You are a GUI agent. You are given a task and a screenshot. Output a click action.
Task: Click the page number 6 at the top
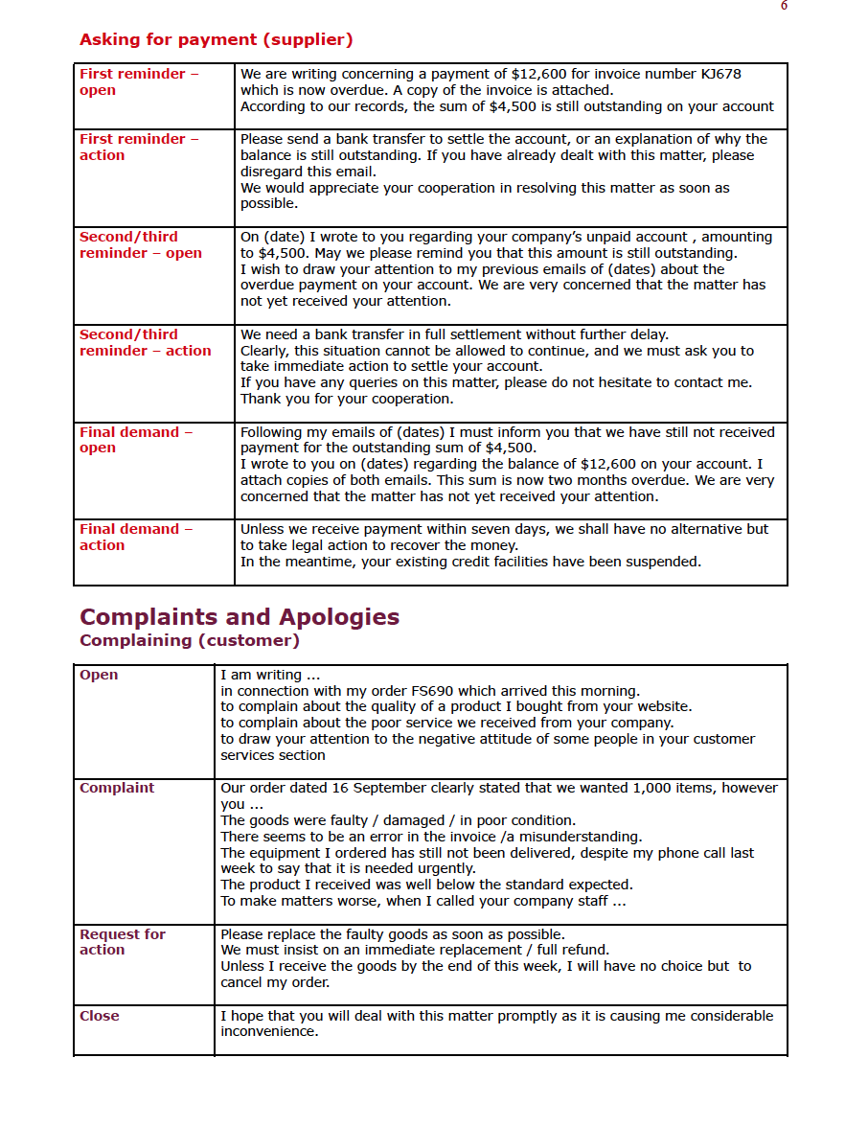784,6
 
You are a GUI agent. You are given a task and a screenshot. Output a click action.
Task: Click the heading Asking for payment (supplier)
216,40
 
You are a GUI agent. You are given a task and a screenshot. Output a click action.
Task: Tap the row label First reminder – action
139,147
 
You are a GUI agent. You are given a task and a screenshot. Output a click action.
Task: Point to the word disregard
272,172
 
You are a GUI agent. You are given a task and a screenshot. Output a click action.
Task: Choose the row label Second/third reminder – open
141,244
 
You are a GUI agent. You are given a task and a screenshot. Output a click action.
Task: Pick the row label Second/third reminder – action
145,342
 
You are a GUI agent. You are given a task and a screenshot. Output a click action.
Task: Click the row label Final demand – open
135,440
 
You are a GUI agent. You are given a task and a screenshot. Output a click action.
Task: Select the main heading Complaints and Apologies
240,616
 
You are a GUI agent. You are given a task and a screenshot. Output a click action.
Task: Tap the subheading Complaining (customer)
190,640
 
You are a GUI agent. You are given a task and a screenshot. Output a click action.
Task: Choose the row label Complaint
117,788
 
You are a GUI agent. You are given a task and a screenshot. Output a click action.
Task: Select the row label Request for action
123,941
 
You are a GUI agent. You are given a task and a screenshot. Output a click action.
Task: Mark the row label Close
100,1016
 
